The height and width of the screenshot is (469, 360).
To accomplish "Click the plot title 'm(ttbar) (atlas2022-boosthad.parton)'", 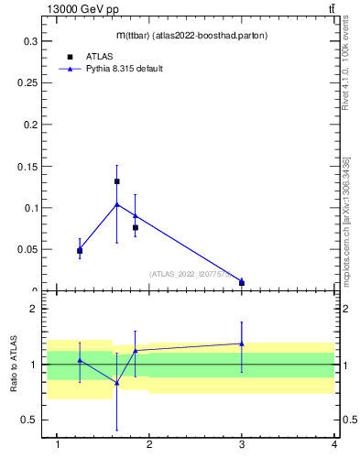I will [192, 36].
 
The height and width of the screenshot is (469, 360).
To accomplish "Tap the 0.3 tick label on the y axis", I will [30, 41].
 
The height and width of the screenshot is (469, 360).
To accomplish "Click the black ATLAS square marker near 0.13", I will [117, 181].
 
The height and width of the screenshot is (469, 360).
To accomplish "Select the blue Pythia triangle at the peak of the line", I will [117, 204].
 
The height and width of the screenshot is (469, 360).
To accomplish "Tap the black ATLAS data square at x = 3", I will [242, 283].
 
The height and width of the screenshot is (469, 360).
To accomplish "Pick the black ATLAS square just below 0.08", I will [136, 227].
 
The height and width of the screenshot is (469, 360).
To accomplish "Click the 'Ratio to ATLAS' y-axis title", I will [14, 364].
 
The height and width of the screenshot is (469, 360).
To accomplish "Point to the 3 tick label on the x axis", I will [242, 444].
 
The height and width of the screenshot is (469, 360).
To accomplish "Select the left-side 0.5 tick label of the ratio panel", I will [30, 420].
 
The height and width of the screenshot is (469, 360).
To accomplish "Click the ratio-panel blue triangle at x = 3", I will [242, 344].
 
